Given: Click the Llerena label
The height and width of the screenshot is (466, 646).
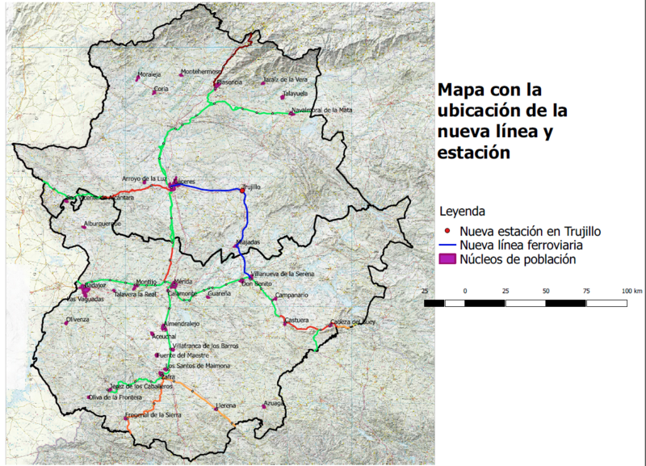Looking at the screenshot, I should point(225,405).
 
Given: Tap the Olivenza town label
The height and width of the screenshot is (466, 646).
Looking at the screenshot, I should point(78,320).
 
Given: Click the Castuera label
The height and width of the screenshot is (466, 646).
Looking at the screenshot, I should point(296,320).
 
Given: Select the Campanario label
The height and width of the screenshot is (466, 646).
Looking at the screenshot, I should point(292,296).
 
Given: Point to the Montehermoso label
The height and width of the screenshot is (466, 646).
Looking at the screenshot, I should point(202,71).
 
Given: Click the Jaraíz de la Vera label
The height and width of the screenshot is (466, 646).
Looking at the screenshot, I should point(285,79).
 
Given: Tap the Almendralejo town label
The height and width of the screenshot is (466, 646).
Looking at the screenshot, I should point(181,323).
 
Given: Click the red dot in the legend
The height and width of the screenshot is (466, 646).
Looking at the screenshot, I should point(439,232).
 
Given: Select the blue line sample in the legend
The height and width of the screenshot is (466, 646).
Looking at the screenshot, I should point(444,245).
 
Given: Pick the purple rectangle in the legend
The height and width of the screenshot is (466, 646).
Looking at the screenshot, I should point(444,259).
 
